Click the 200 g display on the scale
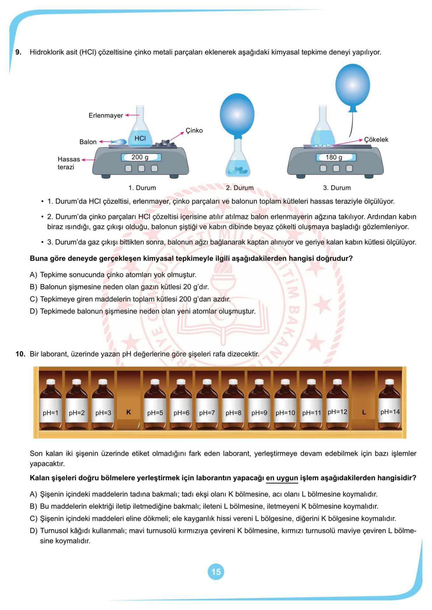point(141,157)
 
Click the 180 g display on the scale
point(336,157)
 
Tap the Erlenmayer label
point(106,115)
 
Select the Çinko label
point(194,131)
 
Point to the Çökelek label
point(376,140)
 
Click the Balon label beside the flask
point(88,142)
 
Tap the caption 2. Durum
point(240,188)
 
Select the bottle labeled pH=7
point(207,403)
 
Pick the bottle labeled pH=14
point(390,403)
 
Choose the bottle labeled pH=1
point(51,403)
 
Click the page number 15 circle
point(216,572)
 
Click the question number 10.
point(20,354)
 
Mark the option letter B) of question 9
point(33,287)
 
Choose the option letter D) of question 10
point(33,531)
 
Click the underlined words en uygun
point(282,478)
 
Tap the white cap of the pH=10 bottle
point(285,382)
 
